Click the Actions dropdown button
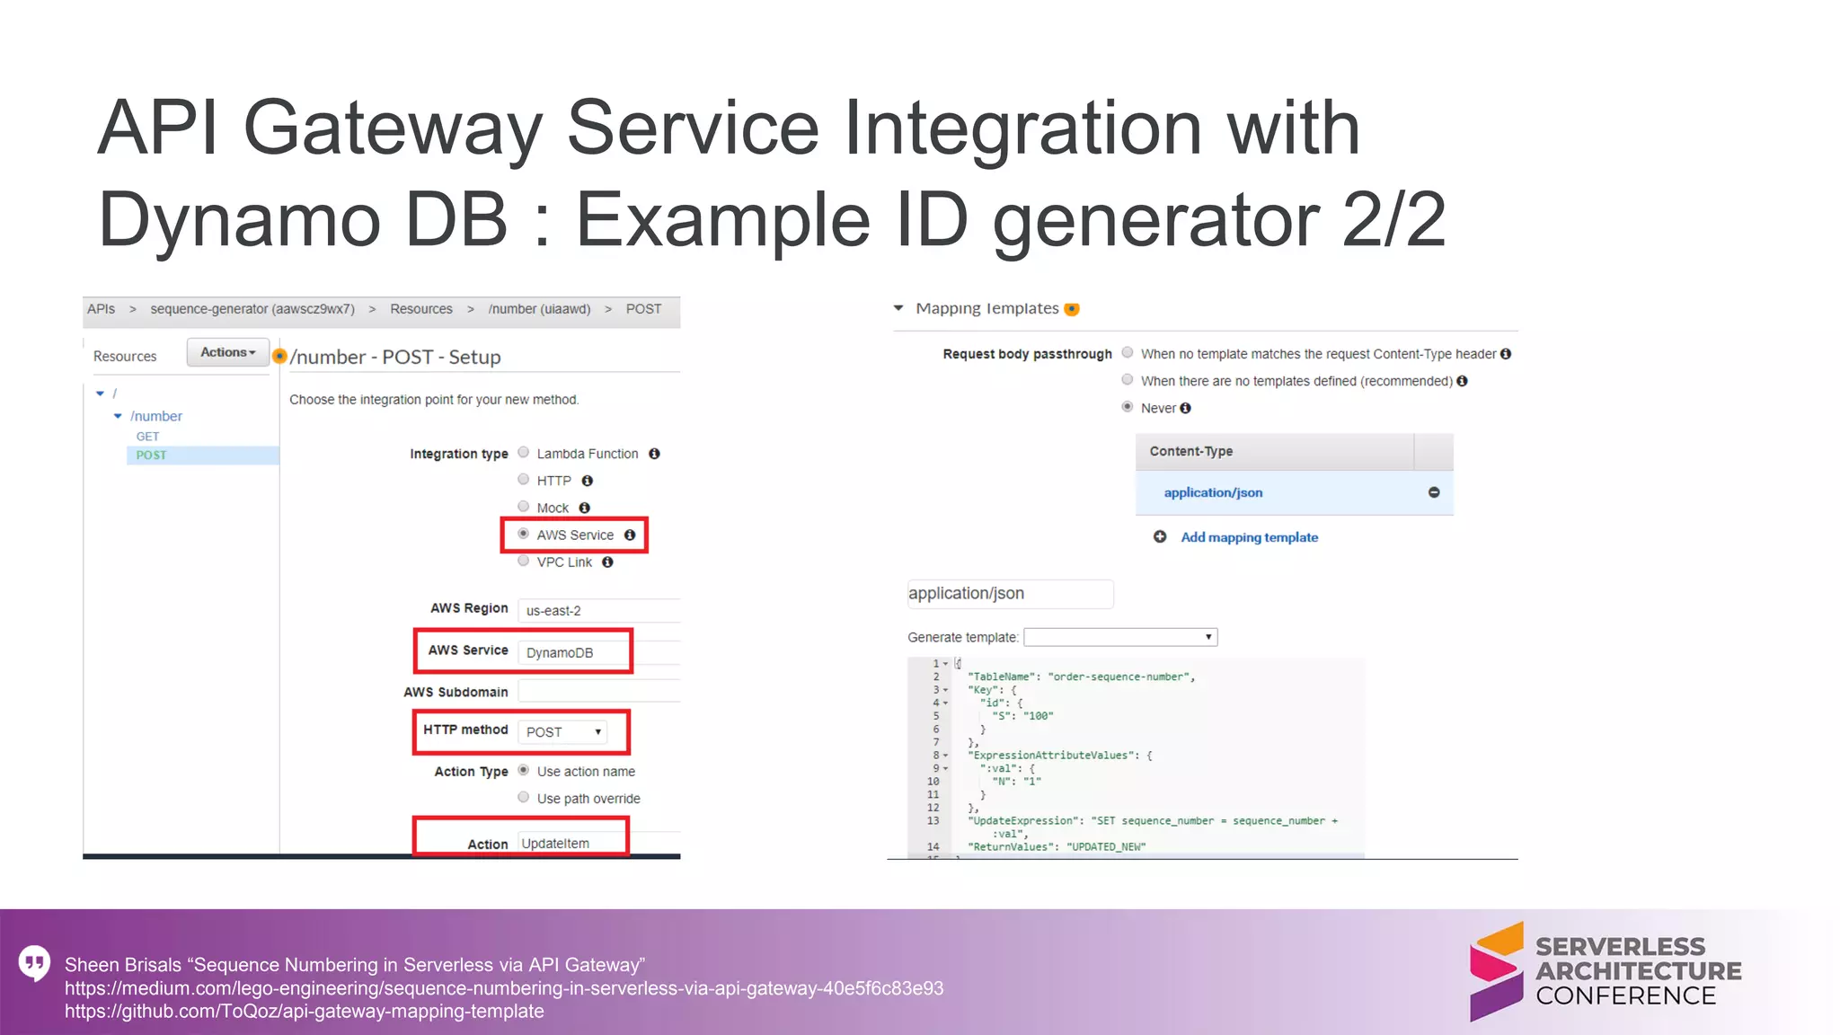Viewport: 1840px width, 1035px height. coord(227,352)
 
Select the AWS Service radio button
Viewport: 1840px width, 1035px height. coord(524,534)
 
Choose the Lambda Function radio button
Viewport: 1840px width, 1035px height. coord(524,453)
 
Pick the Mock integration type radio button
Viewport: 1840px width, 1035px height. coord(524,507)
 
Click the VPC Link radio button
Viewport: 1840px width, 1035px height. coord(524,562)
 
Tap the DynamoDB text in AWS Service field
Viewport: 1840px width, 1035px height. coord(560,652)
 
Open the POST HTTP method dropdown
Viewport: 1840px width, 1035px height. coord(563,732)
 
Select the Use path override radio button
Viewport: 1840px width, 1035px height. coord(524,798)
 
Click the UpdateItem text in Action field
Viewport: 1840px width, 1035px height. coord(555,843)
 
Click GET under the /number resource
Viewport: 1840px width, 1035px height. coord(147,437)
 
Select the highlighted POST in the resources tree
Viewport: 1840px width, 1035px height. coord(151,456)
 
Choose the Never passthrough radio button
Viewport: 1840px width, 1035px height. coord(1128,407)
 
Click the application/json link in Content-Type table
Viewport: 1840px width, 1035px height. coord(1213,492)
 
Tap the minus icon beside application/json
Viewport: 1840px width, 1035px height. coord(1434,492)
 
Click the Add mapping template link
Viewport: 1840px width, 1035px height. coord(1249,537)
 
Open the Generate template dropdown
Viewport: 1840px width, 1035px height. coord(1120,637)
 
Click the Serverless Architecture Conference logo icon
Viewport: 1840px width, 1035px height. coord(1497,971)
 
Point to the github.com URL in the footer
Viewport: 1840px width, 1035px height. coord(304,1012)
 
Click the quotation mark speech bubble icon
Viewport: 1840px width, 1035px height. coord(34,963)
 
